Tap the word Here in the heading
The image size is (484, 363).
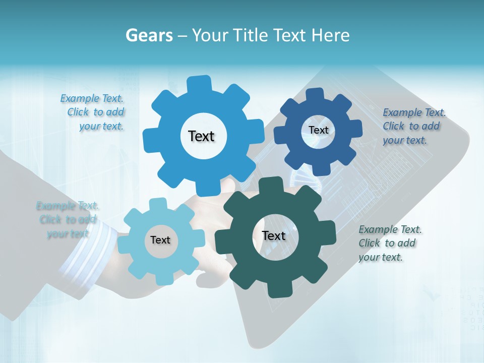click(x=330, y=35)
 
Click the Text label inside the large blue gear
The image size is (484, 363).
click(x=201, y=136)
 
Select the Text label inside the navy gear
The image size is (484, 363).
click(x=318, y=130)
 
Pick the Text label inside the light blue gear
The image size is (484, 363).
click(x=160, y=240)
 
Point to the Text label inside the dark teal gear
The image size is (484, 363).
click(x=274, y=235)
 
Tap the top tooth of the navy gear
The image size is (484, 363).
click(x=316, y=94)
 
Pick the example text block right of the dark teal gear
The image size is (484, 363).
click(x=389, y=243)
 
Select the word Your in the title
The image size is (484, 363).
click(x=208, y=35)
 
